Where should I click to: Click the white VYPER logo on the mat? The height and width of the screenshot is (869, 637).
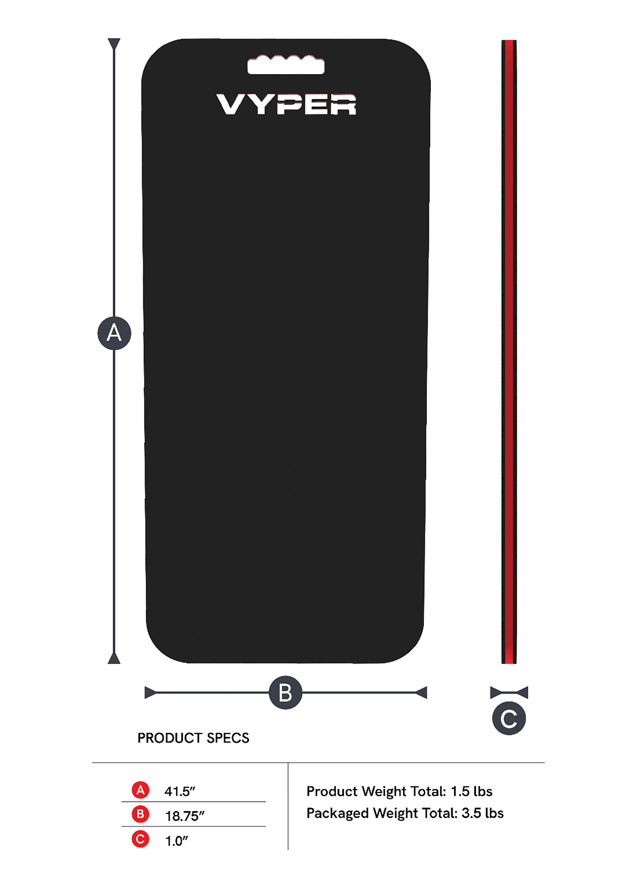pos(286,104)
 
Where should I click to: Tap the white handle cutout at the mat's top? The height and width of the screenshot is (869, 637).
pos(286,64)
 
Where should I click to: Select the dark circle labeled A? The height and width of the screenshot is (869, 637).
pos(114,333)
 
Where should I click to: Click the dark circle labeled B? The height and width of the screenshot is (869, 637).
pos(285,692)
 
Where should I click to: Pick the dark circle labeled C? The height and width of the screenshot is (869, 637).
pos(509,718)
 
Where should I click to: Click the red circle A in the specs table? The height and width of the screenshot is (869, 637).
pos(140,790)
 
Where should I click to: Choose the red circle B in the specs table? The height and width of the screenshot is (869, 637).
pos(140,814)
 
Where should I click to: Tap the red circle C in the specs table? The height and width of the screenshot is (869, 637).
pos(140,839)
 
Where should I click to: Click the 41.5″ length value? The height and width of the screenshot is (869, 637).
pos(180,791)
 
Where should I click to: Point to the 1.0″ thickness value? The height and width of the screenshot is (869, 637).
pos(177,841)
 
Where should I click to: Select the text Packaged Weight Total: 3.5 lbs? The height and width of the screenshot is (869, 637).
pos(405,813)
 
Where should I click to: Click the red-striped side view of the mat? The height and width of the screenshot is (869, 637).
pos(509,352)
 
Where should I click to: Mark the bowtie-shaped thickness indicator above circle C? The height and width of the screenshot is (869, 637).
pos(509,692)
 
